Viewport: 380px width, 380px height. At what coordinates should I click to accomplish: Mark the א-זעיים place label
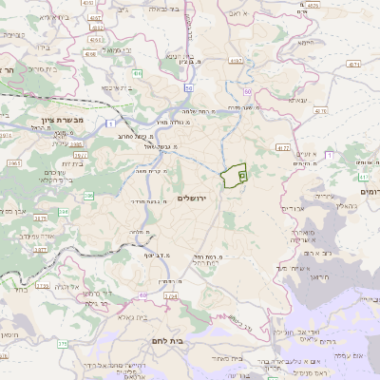306,154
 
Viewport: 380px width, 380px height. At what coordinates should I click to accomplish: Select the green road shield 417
365,177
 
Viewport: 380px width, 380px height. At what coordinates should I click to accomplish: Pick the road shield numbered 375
41,250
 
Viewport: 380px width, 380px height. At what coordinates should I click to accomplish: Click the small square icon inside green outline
242,175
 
